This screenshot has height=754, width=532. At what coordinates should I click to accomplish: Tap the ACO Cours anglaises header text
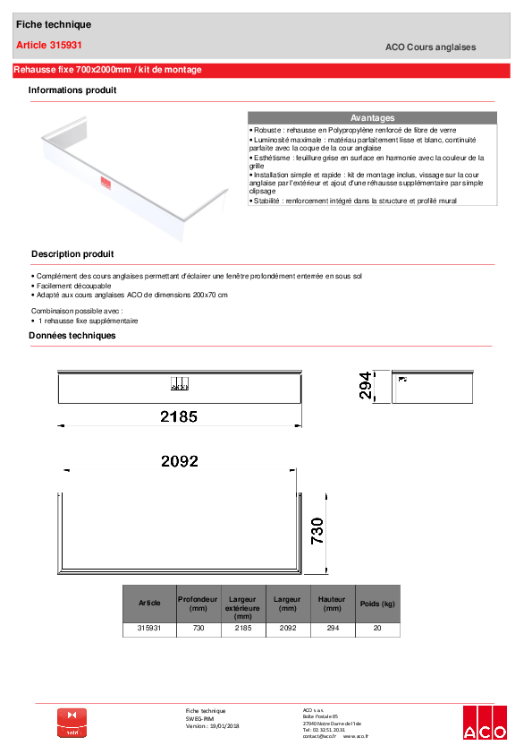pos(430,47)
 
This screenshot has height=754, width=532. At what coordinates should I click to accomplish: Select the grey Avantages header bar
pos(372,118)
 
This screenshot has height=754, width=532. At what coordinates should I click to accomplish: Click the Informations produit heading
pos(72,90)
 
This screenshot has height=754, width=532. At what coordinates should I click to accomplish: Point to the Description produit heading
pos(72,254)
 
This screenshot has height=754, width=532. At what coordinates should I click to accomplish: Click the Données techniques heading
pos(72,335)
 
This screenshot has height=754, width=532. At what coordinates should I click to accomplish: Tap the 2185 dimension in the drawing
pos(179,416)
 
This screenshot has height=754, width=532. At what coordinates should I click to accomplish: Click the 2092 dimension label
pos(179,462)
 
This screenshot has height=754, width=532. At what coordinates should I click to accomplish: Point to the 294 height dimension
pos(365,386)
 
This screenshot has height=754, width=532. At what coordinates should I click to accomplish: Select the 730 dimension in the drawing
pos(317,531)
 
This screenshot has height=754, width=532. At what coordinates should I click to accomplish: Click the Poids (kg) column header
pos(377,604)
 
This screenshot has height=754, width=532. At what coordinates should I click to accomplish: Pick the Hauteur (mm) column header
pos(333,604)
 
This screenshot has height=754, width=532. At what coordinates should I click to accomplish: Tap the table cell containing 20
pos(377,630)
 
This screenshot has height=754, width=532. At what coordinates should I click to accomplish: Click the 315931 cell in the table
pos(149,630)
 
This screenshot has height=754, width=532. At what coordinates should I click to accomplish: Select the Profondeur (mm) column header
pos(198,604)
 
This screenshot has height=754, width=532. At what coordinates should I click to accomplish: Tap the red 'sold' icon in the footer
pos(72,722)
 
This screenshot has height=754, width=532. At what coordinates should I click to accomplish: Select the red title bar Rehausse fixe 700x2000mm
pos(107,70)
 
